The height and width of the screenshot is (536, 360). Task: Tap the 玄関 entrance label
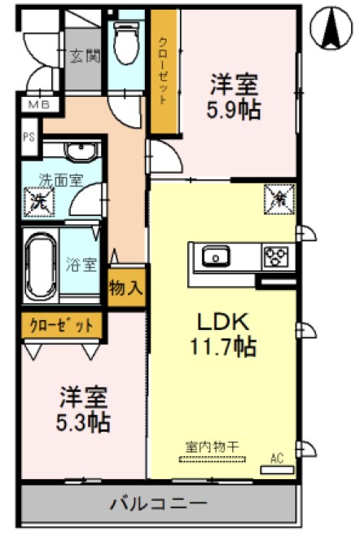point(81,56)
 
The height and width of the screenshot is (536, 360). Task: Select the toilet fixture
point(126,42)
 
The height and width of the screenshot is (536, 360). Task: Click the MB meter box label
point(38,105)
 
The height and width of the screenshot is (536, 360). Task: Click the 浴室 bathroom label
point(81,264)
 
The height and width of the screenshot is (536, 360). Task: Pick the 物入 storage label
point(126,288)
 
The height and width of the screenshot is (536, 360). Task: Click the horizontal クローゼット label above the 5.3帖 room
point(63,326)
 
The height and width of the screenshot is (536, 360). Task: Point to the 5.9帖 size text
point(235,110)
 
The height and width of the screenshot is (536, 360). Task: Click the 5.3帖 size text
point(84,423)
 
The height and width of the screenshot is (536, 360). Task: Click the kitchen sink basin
point(217,257)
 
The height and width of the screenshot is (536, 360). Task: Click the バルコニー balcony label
point(159,503)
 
